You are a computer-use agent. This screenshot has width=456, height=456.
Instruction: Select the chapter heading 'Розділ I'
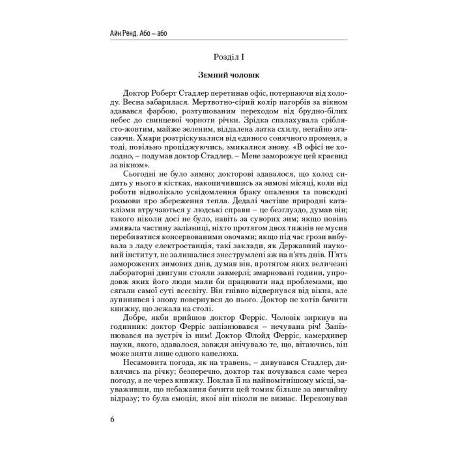click(x=228, y=59)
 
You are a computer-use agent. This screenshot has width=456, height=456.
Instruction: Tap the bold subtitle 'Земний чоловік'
click(x=228, y=78)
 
